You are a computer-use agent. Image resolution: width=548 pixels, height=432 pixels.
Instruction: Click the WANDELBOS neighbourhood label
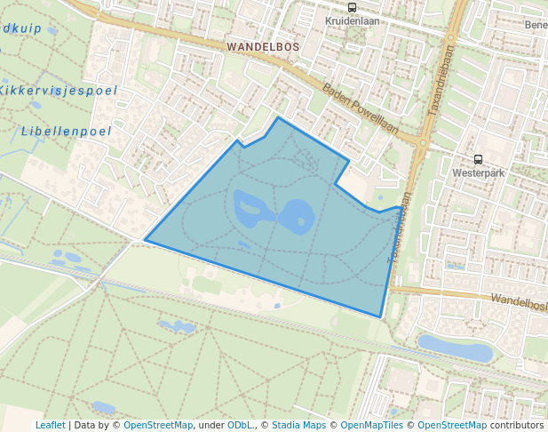263,45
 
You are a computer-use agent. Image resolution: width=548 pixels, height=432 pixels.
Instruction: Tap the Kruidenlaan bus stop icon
353,8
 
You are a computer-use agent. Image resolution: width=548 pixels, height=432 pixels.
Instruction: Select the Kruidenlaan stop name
353,20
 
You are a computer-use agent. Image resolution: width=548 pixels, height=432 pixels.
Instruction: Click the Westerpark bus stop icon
479,160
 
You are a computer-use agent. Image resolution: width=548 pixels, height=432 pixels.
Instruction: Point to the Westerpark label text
478,172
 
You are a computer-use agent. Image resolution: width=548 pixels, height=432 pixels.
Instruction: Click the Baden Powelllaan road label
361,109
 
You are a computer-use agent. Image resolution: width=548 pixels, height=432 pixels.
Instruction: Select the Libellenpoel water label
66,132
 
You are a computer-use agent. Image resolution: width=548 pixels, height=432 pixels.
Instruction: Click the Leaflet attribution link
50,425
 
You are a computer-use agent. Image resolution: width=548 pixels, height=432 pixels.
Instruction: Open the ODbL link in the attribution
240,425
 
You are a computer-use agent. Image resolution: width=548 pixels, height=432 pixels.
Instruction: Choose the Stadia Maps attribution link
298,425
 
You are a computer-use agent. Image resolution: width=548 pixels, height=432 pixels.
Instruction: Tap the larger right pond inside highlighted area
297,215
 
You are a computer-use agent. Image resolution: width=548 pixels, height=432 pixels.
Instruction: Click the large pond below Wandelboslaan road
454,348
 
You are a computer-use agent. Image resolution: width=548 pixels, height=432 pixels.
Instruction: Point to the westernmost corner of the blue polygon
145,240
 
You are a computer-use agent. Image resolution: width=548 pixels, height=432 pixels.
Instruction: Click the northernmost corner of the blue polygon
278,117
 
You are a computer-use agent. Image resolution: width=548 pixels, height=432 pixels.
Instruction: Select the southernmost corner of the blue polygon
380,316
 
